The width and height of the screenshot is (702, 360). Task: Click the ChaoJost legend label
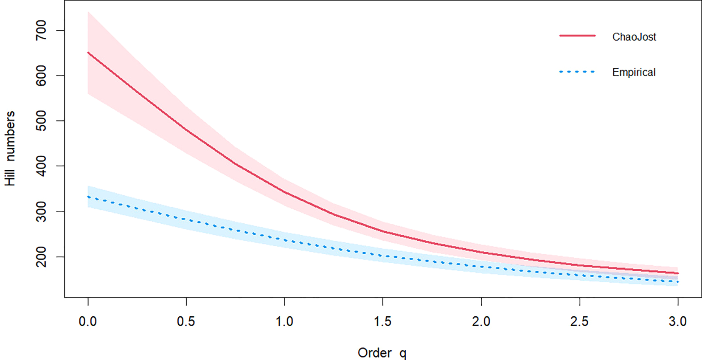(x=634, y=37)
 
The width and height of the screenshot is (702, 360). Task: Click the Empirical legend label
(x=633, y=72)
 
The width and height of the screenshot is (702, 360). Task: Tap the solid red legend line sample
(x=577, y=36)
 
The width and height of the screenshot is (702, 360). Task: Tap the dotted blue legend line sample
(x=577, y=72)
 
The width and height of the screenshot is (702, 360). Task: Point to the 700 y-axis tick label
(x=41, y=30)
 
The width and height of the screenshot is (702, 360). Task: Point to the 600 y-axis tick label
(x=41, y=76)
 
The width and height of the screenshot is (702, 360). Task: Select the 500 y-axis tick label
(x=41, y=121)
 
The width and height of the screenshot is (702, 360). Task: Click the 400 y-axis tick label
(x=41, y=166)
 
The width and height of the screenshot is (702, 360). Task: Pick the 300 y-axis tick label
(x=41, y=211)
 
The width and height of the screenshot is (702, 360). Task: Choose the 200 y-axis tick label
(x=41, y=257)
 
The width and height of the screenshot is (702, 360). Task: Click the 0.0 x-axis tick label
(x=88, y=321)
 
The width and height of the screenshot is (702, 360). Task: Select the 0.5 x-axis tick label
(x=186, y=321)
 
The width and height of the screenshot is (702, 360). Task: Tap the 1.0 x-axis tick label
(x=284, y=321)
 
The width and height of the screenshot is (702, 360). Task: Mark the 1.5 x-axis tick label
(x=383, y=321)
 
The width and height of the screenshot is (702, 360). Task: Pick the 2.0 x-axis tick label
(x=481, y=321)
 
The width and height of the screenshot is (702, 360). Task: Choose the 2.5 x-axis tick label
(x=579, y=321)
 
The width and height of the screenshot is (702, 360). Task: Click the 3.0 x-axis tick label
(x=677, y=321)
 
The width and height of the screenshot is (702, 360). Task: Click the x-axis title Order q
(x=382, y=353)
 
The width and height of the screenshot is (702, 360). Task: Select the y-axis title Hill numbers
(x=10, y=149)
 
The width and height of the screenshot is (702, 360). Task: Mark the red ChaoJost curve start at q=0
(x=88, y=53)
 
